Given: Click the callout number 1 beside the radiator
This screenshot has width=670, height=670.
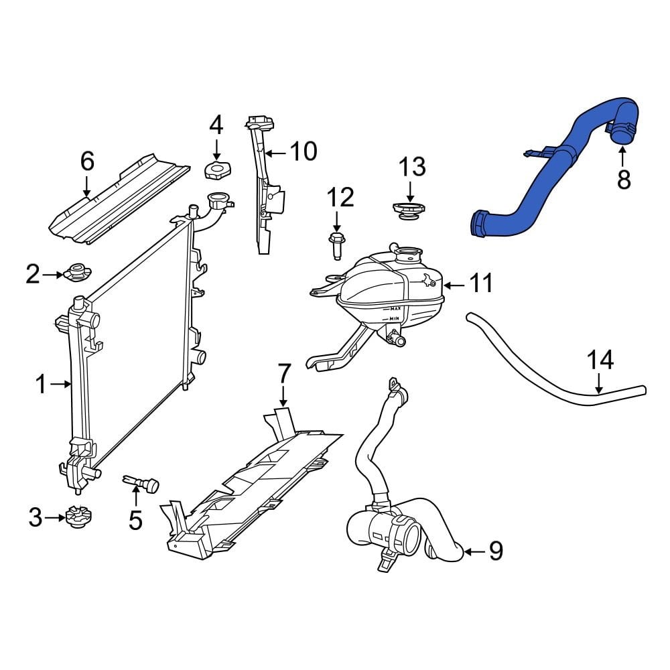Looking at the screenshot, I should pyautogui.click(x=40, y=385).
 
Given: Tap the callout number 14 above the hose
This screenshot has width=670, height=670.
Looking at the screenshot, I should pyautogui.click(x=600, y=360).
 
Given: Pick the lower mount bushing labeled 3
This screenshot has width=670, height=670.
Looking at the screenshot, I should pyautogui.click(x=78, y=517).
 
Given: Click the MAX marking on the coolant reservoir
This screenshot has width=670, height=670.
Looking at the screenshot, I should pyautogui.click(x=396, y=309).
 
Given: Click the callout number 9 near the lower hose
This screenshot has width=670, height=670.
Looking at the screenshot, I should pyautogui.click(x=495, y=551).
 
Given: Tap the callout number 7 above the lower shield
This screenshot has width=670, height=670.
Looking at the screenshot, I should pyautogui.click(x=283, y=374).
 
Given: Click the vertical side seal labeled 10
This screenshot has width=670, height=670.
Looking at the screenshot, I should pyautogui.click(x=262, y=194).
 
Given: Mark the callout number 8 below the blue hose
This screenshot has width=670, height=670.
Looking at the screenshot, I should pyautogui.click(x=623, y=179).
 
